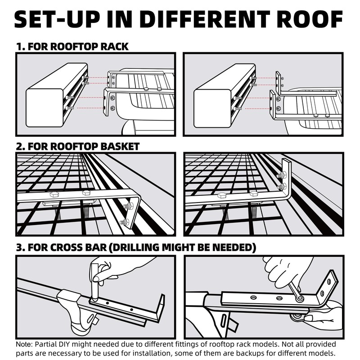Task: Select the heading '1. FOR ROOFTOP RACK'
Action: pos(72,46)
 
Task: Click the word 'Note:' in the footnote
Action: pos(26,344)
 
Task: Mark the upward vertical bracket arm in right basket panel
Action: pos(285,178)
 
